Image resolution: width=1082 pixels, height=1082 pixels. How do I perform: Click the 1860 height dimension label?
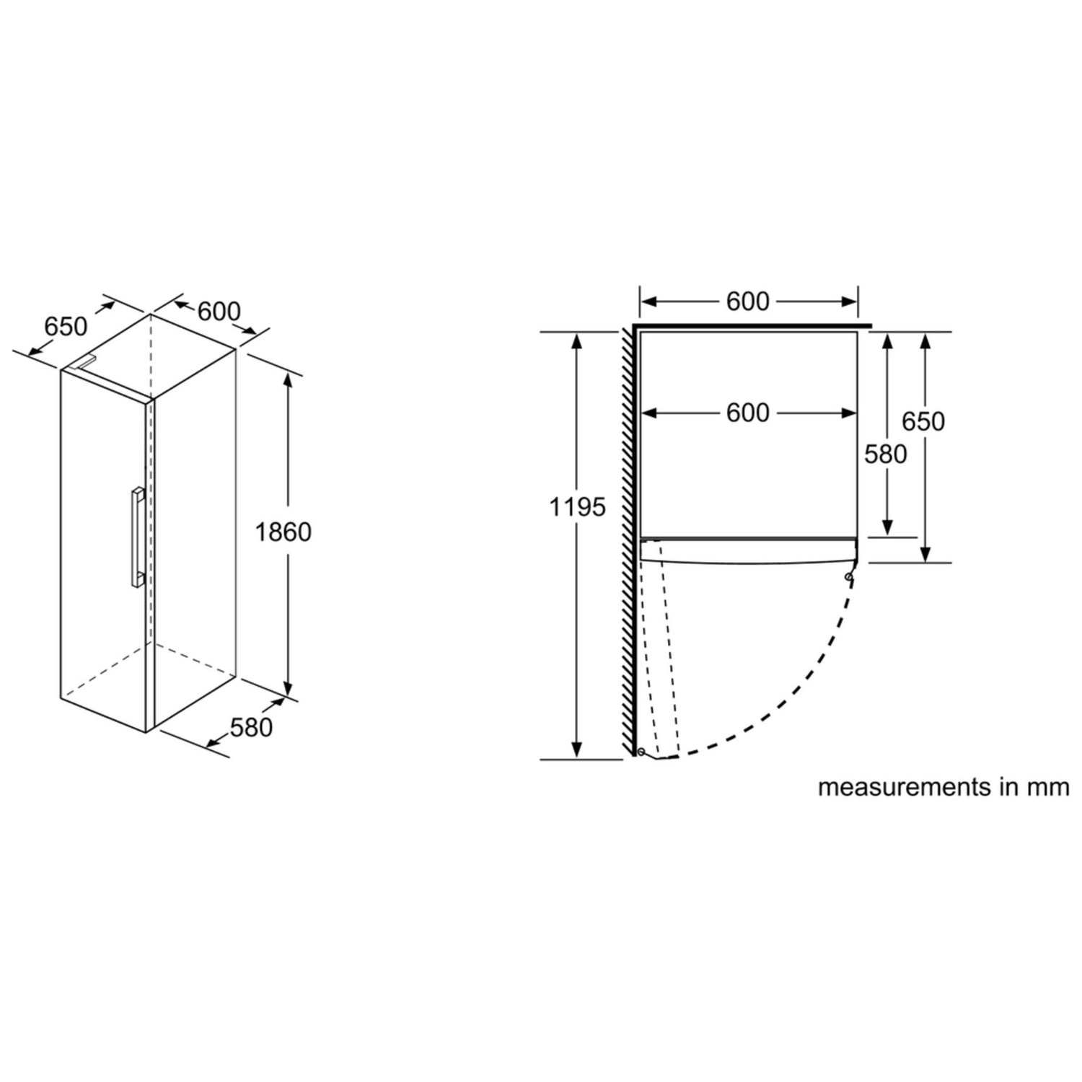[x=283, y=532]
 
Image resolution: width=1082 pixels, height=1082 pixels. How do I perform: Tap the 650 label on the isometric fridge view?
[x=66, y=327]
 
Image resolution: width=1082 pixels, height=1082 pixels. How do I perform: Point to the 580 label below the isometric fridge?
[x=252, y=727]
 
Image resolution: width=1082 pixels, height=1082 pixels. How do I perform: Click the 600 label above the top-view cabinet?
[x=748, y=302]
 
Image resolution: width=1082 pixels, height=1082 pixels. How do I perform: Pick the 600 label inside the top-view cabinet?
[x=748, y=413]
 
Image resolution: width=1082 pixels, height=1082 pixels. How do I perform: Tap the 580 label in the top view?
[x=886, y=454]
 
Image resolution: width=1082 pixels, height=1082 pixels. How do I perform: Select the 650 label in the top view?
[x=923, y=421]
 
